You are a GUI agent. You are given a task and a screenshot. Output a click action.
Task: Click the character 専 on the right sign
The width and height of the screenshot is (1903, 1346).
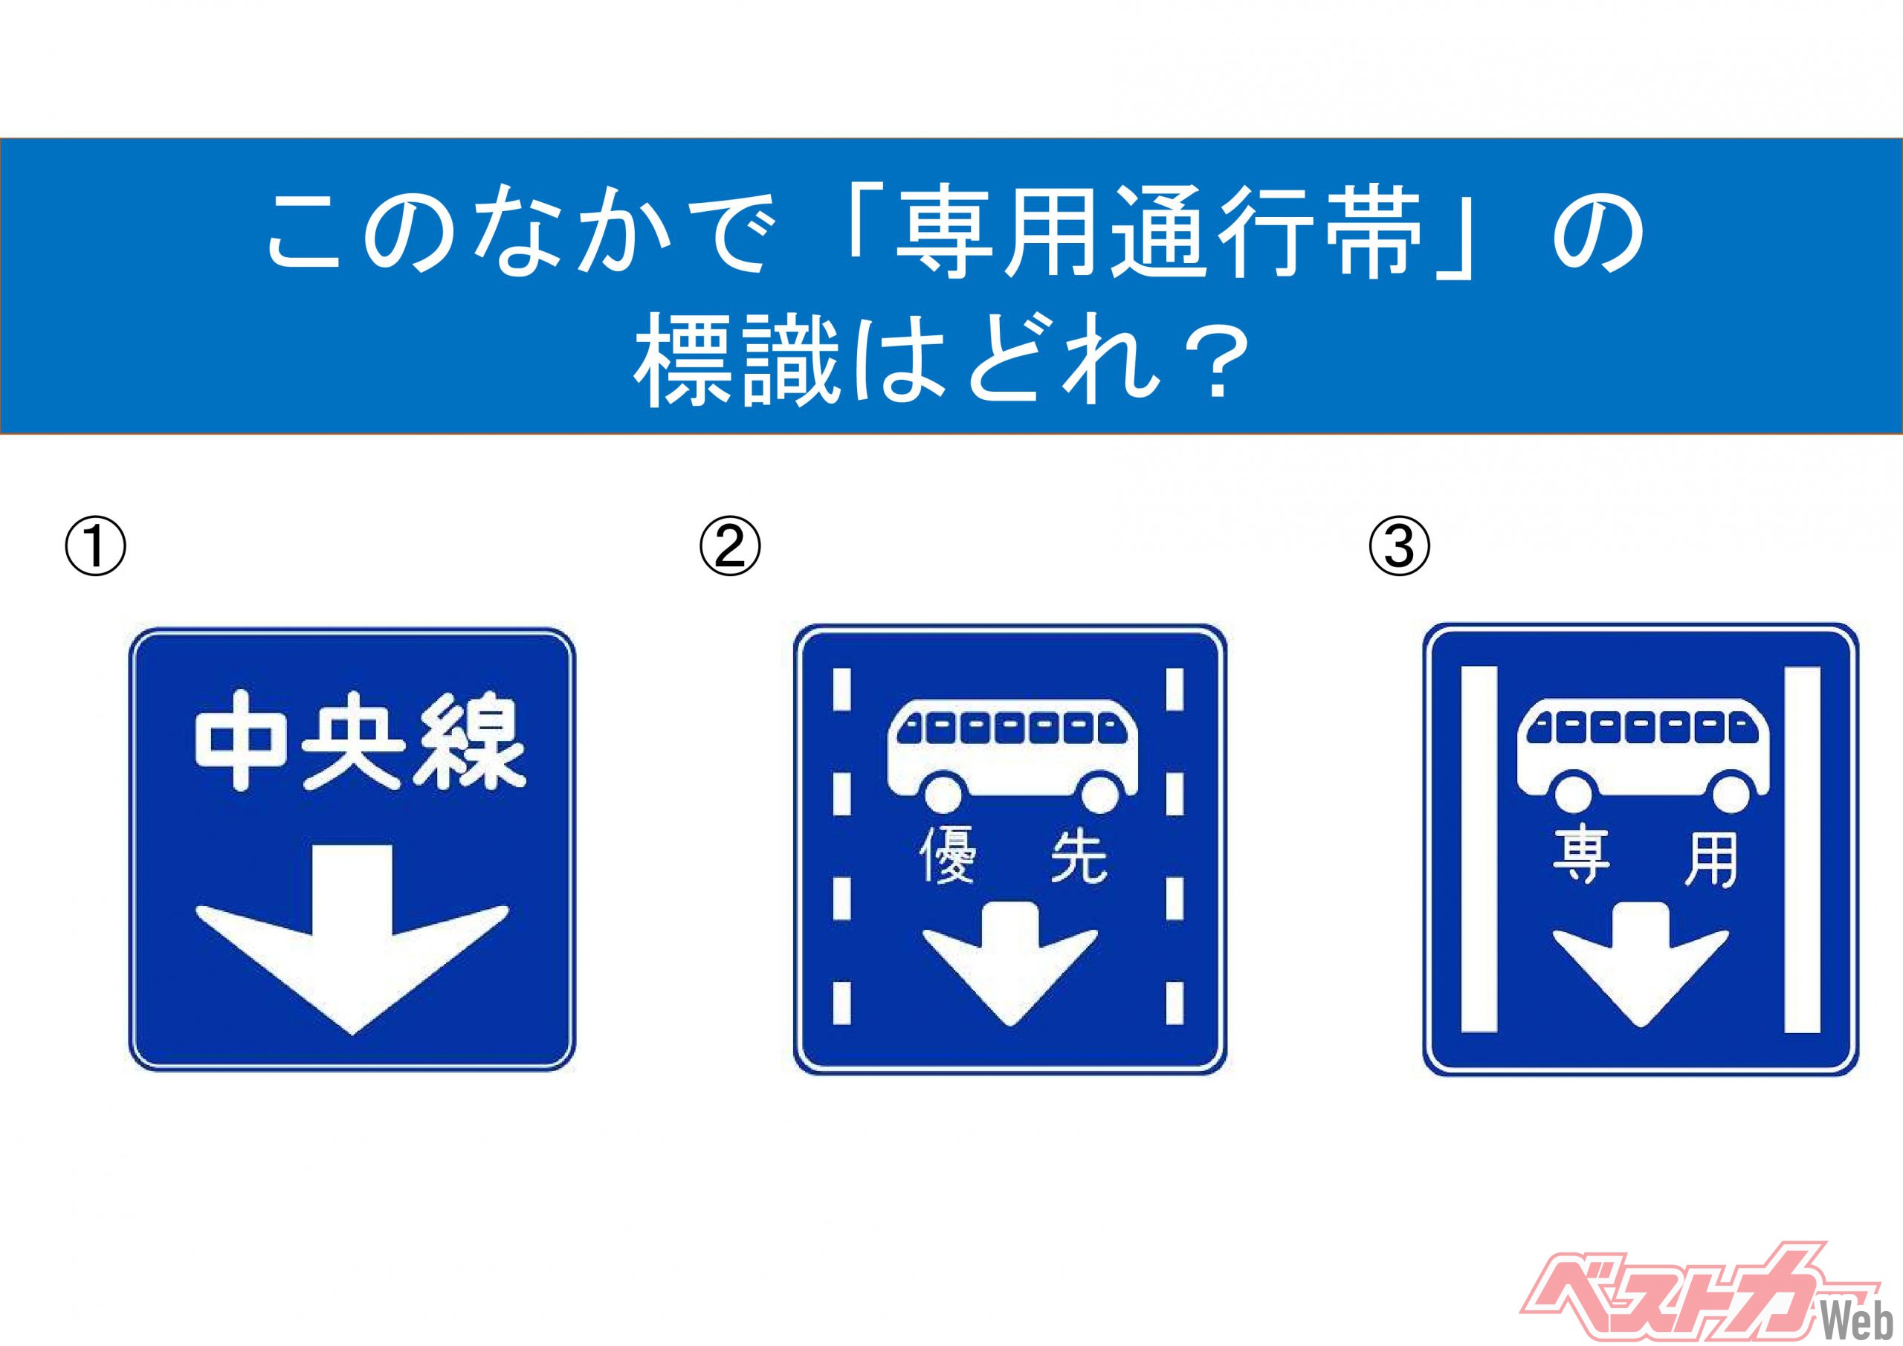click(1580, 858)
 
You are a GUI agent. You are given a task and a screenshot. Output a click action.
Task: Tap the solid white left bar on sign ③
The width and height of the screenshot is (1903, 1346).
click(1479, 850)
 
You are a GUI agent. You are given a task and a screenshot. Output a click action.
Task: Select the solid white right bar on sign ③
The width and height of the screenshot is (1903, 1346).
click(1802, 850)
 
